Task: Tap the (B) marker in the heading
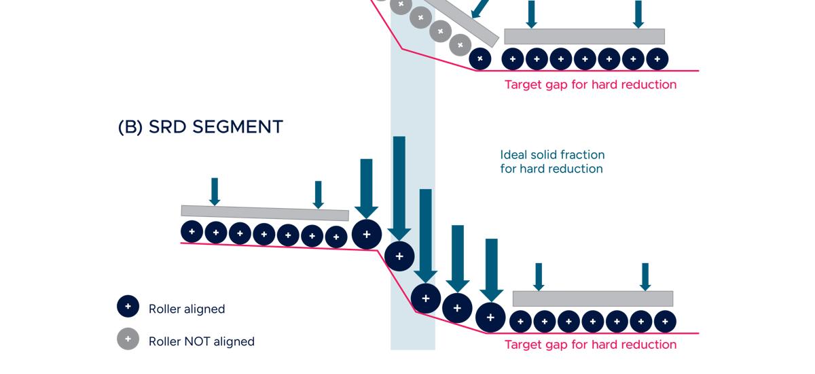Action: tap(130, 127)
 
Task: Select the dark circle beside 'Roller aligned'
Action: tap(128, 307)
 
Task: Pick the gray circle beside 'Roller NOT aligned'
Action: tap(128, 339)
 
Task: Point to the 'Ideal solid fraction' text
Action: tap(552, 155)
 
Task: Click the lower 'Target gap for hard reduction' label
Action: tap(590, 345)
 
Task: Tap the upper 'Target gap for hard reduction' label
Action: tap(590, 85)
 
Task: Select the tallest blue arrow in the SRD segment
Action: tap(399, 187)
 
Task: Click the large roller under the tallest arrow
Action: tap(399, 256)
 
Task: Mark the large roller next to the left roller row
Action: tap(367, 234)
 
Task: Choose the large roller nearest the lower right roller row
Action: tap(490, 316)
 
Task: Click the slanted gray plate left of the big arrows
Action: tap(265, 213)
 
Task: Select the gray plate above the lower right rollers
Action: tap(592, 299)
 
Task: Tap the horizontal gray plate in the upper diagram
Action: tap(584, 36)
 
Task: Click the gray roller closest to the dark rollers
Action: tap(460, 46)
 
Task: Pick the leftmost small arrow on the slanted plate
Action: tap(215, 191)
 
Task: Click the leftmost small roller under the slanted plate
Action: tap(192, 232)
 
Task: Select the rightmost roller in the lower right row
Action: tap(665, 321)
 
